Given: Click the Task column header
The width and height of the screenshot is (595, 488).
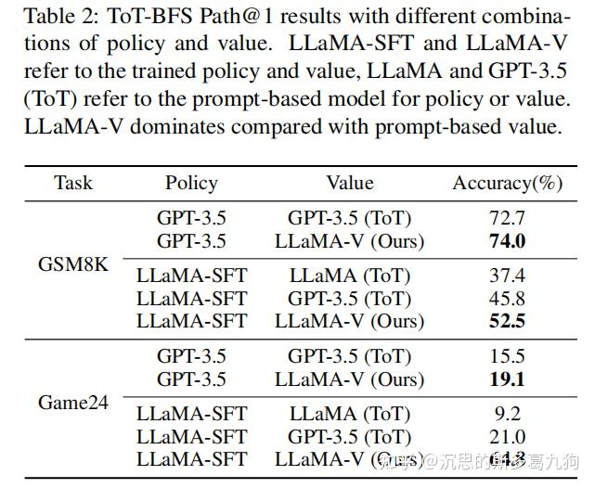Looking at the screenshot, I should (x=72, y=183).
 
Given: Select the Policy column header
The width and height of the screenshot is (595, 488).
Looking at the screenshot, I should (x=191, y=183).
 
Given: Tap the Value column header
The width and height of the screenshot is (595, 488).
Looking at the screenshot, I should (x=349, y=183).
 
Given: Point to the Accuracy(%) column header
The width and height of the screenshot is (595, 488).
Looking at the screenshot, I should (x=507, y=183).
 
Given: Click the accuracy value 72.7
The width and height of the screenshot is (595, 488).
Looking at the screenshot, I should (x=507, y=219).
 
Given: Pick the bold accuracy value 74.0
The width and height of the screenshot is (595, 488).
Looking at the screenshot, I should (x=507, y=241).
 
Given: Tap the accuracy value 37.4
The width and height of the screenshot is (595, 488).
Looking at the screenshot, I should (x=507, y=276).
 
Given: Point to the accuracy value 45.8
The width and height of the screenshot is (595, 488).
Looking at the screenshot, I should (x=507, y=298).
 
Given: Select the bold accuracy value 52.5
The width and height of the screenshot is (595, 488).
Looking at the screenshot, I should (x=507, y=321).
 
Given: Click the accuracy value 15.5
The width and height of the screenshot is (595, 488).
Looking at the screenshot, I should (x=507, y=356).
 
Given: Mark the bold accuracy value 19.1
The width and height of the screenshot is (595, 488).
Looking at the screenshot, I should (x=507, y=379).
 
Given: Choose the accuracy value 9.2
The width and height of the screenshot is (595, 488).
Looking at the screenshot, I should (x=507, y=414).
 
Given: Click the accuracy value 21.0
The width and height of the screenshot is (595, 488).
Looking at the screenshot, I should (x=507, y=436).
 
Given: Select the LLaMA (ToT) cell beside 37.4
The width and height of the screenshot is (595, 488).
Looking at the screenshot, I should (x=349, y=276).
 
